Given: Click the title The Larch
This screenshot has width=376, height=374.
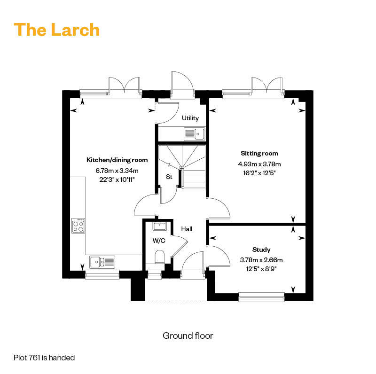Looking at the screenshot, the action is [x=56, y=30].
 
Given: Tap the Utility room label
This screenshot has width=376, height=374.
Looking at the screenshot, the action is [x=190, y=118].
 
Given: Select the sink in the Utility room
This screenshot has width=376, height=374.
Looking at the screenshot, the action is [x=195, y=134].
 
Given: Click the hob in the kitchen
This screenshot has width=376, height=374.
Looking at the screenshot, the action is [x=78, y=226].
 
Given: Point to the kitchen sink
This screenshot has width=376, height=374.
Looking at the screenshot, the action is [x=102, y=262].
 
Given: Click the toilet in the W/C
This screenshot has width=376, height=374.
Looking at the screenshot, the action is [x=159, y=257].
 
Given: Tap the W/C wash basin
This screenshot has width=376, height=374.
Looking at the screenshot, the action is [x=159, y=226].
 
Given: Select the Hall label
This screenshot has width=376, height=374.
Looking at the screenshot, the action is [x=187, y=229].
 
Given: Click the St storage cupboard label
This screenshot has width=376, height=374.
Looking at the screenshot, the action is [x=169, y=177].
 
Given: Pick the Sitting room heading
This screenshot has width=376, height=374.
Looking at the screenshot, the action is [x=259, y=154].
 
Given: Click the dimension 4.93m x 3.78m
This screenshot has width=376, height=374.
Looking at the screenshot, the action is [x=259, y=164].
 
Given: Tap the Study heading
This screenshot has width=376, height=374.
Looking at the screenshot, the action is [x=261, y=249].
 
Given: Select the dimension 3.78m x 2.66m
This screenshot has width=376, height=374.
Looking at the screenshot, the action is [x=261, y=260].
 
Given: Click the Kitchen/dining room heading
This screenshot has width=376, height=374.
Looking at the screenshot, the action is [x=117, y=160].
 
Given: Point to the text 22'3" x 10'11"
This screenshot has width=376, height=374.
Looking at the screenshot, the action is [x=117, y=179].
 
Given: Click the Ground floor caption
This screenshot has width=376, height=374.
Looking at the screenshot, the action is [x=188, y=335].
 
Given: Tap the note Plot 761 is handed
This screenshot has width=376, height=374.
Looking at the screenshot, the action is [x=44, y=358].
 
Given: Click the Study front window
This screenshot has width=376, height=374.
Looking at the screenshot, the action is [x=261, y=297].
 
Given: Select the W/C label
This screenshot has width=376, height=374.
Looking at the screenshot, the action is [x=159, y=241].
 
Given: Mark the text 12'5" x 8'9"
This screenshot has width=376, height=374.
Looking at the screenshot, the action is [x=261, y=269].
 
